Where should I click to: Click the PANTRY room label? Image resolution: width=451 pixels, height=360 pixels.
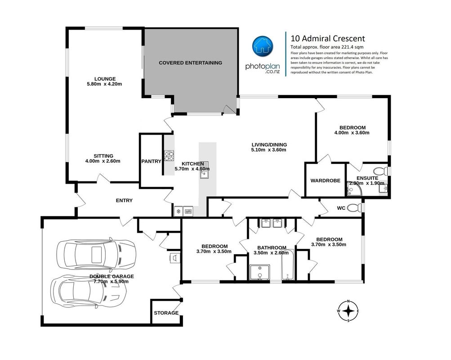[151, 162]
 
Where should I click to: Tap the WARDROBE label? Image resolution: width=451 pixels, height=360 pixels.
[325, 181]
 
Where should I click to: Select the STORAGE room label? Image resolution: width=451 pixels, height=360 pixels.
[166, 313]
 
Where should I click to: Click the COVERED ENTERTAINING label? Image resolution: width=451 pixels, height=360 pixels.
[190, 63]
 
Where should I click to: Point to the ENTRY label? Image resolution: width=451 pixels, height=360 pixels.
[124, 200]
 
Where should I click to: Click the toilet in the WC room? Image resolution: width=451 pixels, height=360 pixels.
[354, 207]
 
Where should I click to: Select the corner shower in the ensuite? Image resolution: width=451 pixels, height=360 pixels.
[354, 189]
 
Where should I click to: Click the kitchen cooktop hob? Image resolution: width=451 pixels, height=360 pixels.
[169, 156]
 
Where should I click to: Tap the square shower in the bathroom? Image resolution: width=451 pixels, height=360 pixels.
[260, 272]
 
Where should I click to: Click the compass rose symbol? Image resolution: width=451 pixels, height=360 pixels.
[348, 311]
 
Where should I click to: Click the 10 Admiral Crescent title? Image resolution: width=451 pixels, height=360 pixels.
[328, 39]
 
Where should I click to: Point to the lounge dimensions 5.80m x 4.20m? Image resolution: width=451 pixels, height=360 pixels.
[104, 84]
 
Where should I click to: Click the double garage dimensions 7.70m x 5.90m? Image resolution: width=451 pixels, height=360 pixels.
[112, 281]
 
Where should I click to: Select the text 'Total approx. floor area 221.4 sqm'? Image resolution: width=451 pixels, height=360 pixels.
[327, 47]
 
